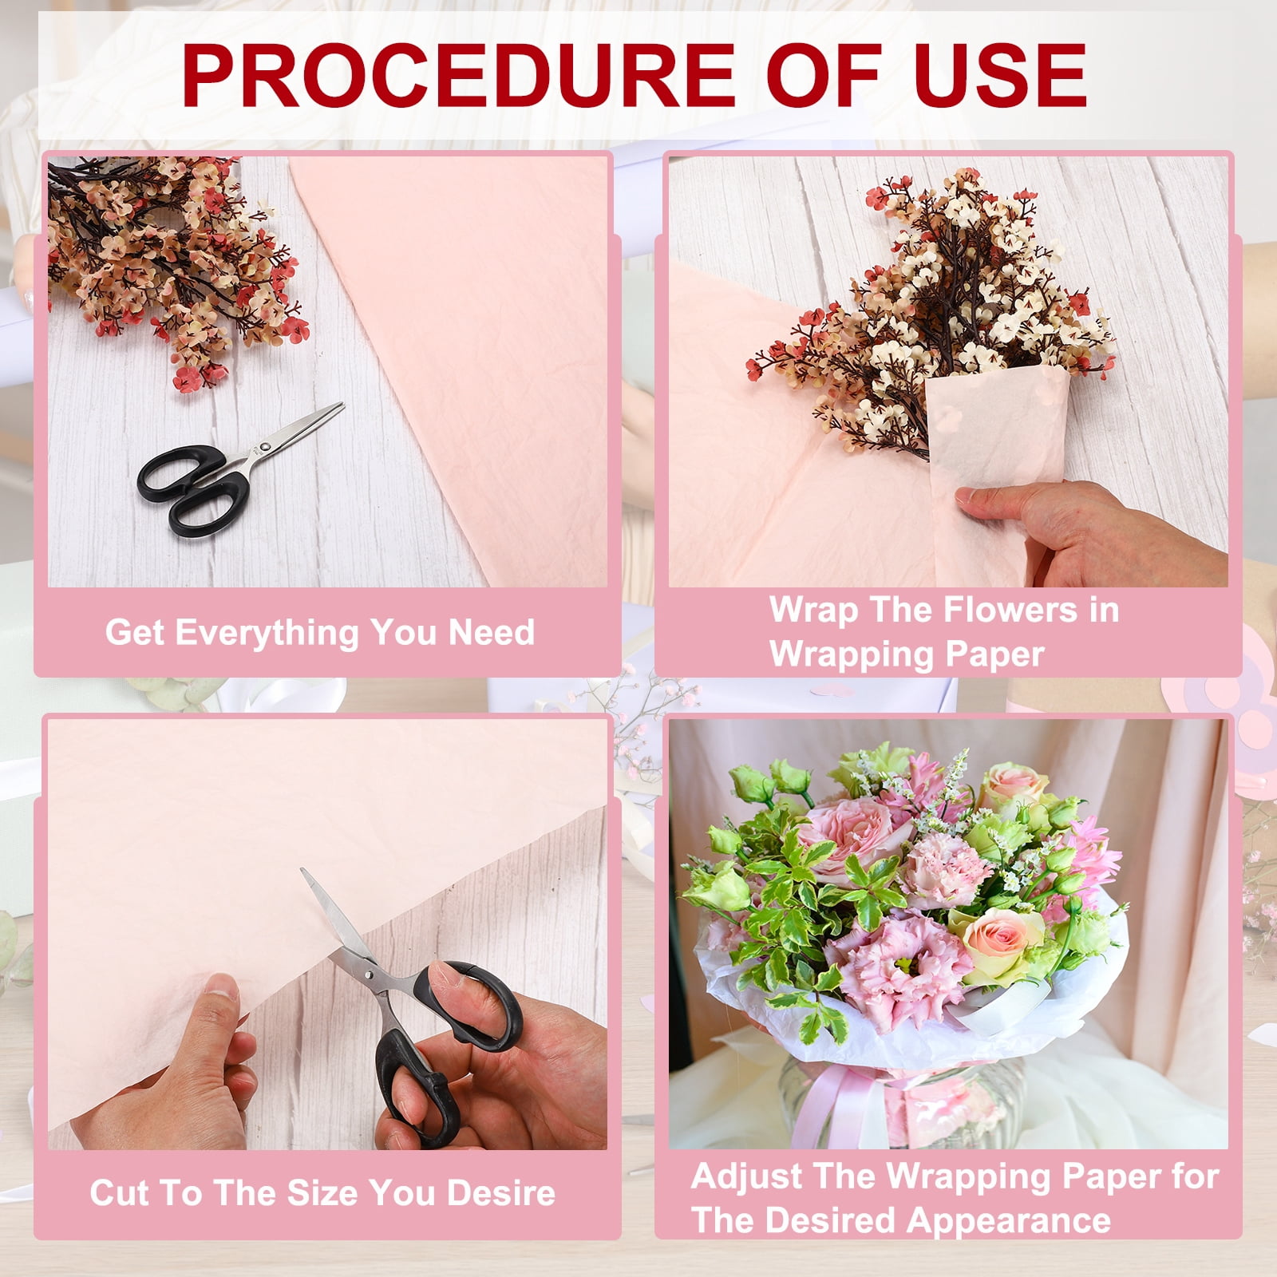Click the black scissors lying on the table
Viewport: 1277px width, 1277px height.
pos(239,471)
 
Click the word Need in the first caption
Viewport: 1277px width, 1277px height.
pos(492,632)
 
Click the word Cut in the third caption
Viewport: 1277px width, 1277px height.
pos(118,1192)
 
